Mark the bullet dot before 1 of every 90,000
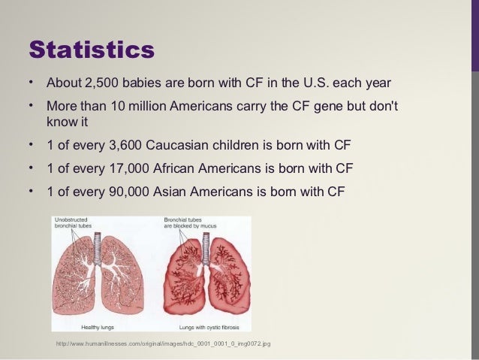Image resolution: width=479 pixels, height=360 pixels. [31, 189]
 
